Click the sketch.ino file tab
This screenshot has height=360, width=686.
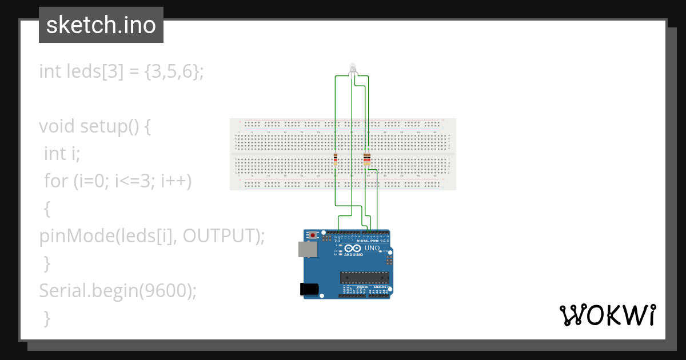(101, 25)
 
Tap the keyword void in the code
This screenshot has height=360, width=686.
(57, 126)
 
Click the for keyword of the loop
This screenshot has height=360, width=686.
(56, 181)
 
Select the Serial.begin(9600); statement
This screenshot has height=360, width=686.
(118, 291)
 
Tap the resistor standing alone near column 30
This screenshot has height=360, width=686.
(335, 159)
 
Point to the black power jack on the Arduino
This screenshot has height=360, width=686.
(309, 289)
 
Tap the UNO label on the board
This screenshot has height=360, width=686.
(372, 249)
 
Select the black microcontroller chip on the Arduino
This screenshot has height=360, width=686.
(365, 277)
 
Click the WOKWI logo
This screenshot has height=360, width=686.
(607, 315)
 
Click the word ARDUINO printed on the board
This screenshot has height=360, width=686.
(353, 255)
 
